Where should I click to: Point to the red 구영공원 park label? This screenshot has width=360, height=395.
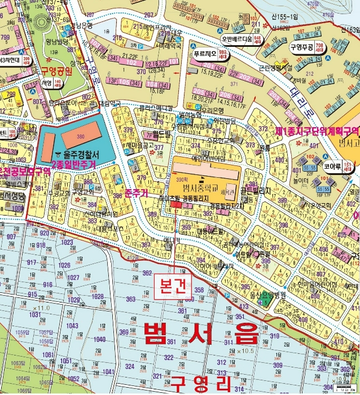(x=56, y=72)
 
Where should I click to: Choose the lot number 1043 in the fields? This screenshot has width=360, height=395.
(x=72, y=327)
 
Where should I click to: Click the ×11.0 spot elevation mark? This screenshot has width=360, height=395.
(x=41, y=308)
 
